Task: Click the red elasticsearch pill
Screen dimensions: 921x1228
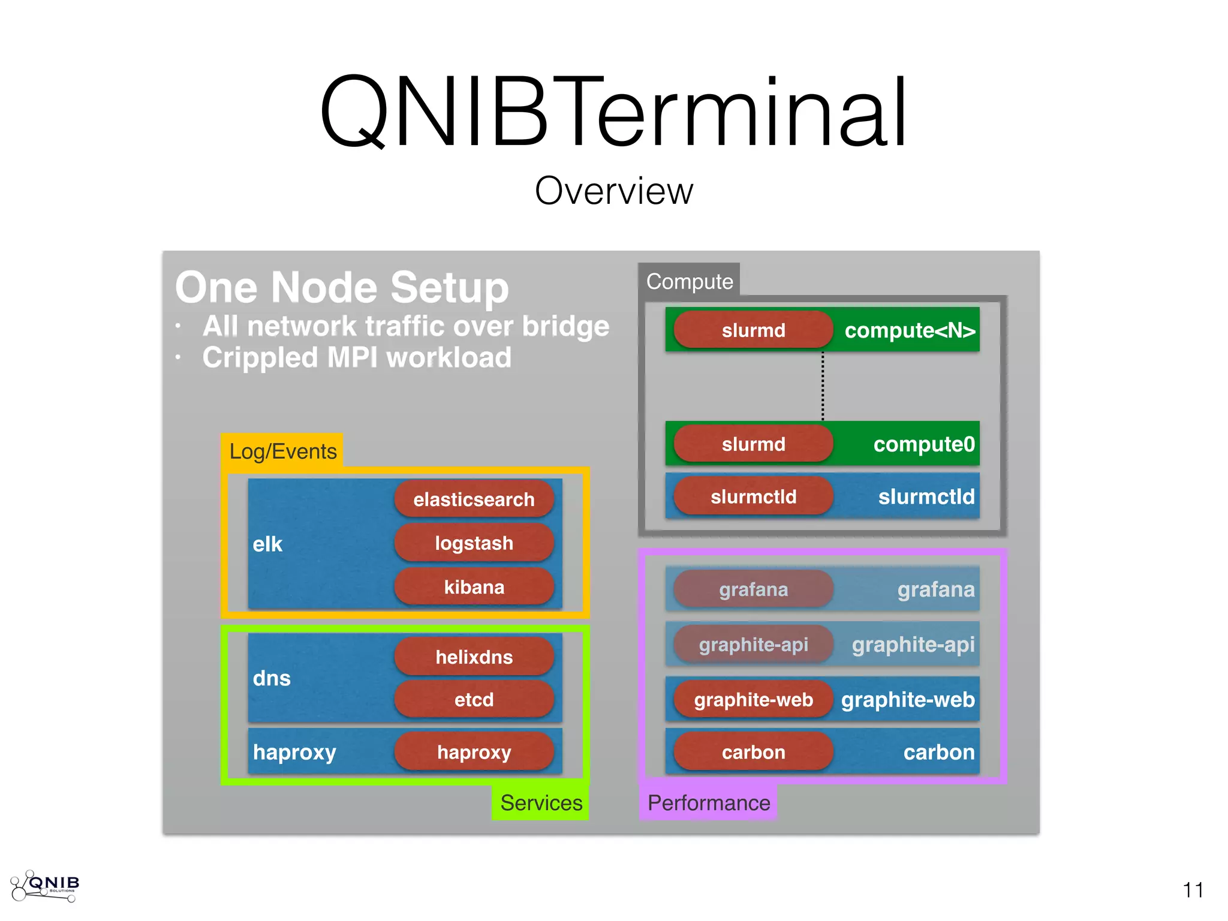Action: point(474,499)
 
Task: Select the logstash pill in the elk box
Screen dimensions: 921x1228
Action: point(474,543)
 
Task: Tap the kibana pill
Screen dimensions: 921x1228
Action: point(474,587)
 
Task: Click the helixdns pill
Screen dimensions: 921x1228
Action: point(474,657)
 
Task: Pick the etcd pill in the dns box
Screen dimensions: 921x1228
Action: point(474,700)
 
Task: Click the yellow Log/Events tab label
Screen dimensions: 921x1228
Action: point(282,451)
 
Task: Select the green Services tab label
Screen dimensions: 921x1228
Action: point(540,803)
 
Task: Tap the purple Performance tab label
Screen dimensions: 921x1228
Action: point(708,803)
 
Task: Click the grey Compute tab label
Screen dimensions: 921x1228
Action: point(689,281)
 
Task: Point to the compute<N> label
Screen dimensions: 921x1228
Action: point(910,330)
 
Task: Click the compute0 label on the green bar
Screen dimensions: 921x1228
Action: point(923,444)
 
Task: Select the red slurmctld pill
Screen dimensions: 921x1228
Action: point(753,496)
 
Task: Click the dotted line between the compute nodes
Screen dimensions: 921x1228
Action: point(823,387)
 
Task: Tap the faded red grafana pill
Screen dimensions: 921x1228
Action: point(753,589)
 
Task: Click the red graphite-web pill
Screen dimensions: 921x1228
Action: point(753,700)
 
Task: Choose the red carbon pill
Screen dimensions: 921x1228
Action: point(753,752)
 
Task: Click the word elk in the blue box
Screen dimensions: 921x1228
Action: point(267,544)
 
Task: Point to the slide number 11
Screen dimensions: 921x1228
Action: point(1193,890)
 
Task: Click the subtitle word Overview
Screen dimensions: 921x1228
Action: point(614,191)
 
